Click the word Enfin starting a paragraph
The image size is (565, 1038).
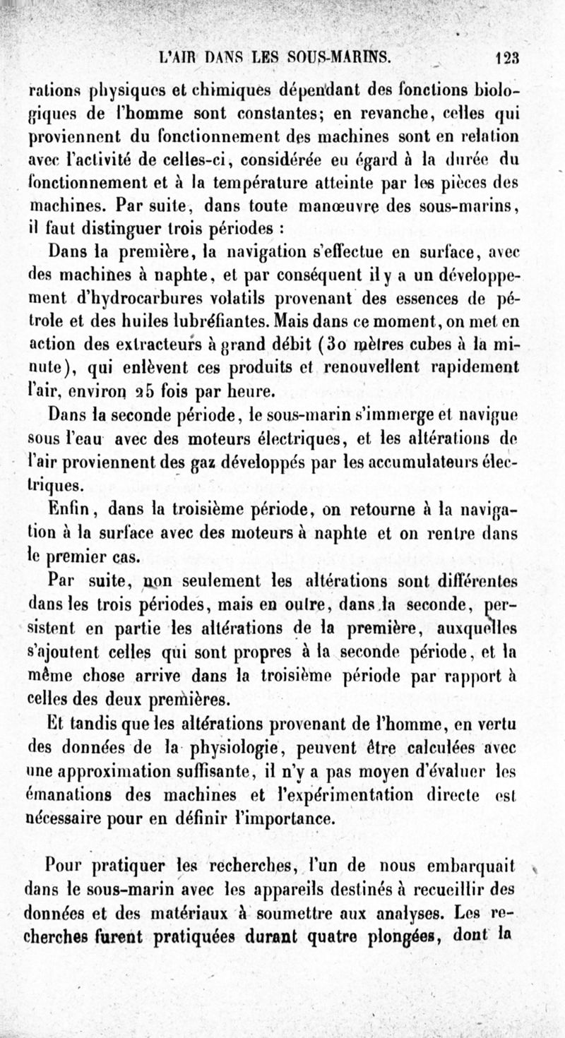(68, 509)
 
